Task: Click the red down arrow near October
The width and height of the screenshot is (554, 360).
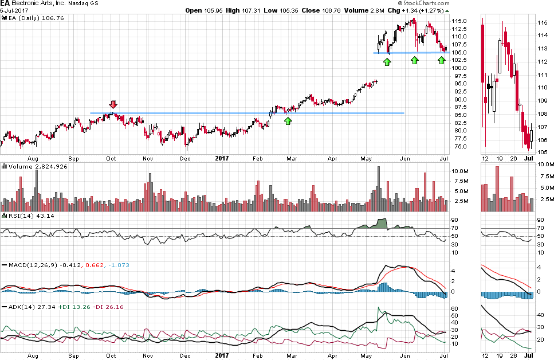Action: pos(113,104)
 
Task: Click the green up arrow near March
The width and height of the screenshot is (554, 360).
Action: pos(288,120)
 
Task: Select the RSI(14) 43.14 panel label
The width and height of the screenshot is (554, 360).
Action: pos(23,216)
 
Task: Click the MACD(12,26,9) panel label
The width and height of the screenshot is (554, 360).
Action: pos(27,265)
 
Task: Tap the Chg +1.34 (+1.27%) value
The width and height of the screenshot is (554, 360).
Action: pos(418,10)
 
